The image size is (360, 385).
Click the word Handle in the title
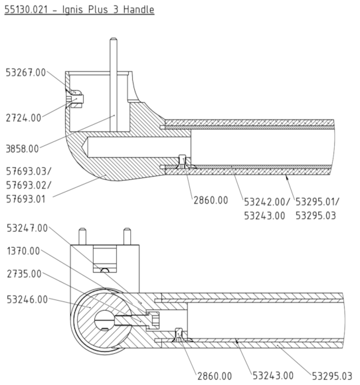tap(136, 10)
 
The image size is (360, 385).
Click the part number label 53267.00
tap(25, 72)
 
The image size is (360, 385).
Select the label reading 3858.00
tap(21, 148)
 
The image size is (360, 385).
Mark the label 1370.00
tap(21, 251)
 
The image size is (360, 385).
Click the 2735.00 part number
tap(21, 273)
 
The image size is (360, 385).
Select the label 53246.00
tap(25, 299)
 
